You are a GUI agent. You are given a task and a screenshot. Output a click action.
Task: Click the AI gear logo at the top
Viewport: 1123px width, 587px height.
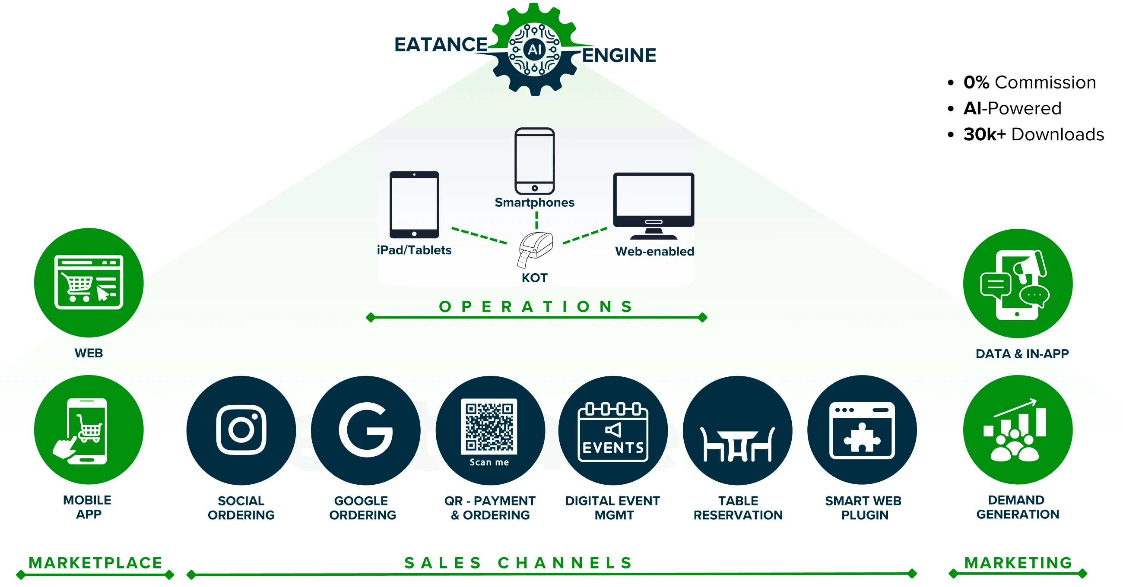535,49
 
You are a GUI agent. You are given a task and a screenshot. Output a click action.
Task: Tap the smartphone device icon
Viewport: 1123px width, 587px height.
534,161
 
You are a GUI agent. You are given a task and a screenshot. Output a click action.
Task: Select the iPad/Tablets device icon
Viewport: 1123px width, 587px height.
414,205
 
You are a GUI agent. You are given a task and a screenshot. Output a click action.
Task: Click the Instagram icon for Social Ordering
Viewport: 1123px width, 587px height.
241,430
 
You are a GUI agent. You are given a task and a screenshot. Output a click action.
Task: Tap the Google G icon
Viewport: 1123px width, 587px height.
365,430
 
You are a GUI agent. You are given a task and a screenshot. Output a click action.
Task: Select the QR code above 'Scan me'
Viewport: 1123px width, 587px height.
489,426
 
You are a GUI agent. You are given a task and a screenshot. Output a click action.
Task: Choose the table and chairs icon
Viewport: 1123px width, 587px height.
737,445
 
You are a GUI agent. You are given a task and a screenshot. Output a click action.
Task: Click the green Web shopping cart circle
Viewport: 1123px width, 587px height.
89,282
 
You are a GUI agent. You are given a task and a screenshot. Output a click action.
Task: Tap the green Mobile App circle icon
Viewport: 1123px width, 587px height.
89,430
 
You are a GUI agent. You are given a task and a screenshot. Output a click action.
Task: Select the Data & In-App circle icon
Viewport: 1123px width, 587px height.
1018,283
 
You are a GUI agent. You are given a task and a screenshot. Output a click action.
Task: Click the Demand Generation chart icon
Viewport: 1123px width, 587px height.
1018,430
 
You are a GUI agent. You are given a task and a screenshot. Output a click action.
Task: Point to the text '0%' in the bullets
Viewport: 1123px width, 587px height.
976,82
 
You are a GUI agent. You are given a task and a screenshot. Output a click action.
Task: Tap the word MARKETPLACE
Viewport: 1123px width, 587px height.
95,562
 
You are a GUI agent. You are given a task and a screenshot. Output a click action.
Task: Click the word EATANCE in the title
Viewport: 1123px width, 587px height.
441,44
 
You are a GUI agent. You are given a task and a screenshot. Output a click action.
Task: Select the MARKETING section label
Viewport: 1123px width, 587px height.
1018,562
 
